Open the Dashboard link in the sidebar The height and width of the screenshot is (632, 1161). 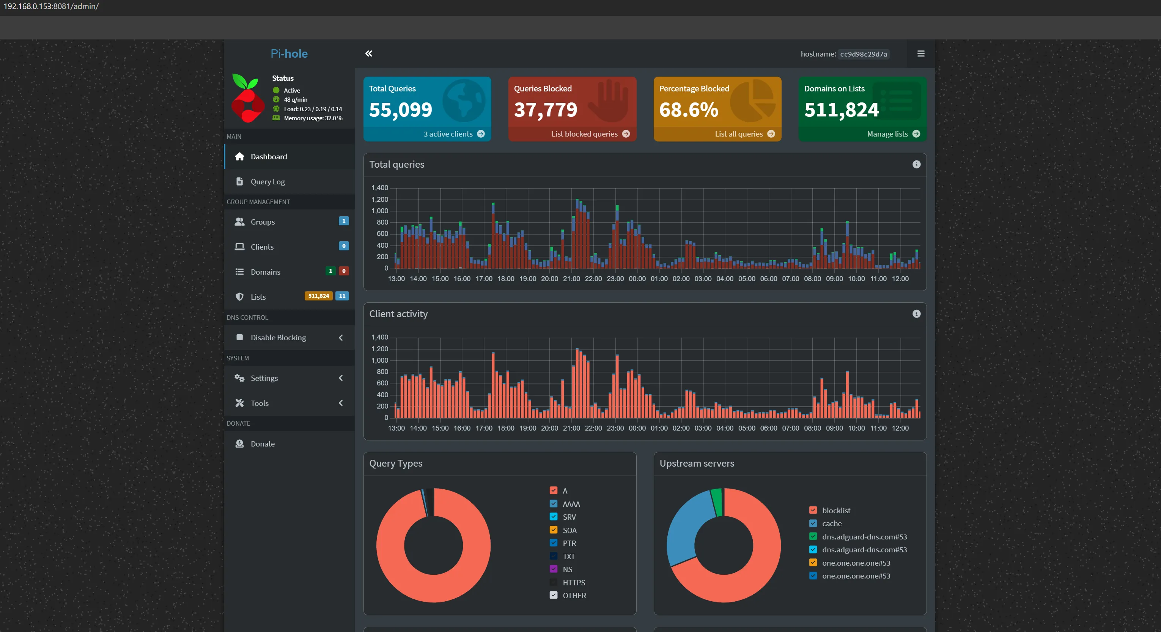click(x=268, y=156)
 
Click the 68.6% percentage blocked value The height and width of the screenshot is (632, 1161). click(x=688, y=110)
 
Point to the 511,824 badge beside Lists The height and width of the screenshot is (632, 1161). click(x=318, y=296)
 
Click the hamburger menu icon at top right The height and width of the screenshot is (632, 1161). click(x=921, y=53)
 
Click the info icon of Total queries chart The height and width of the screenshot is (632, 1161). click(x=916, y=165)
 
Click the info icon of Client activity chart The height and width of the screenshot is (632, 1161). click(x=916, y=314)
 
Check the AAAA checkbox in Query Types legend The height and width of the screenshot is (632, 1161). click(x=554, y=503)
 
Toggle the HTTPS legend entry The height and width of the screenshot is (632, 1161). click(x=554, y=582)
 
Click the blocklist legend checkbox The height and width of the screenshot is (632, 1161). click(x=813, y=510)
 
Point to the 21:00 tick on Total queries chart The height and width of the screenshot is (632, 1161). click(x=571, y=278)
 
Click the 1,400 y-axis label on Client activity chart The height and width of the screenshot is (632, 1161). click(x=379, y=337)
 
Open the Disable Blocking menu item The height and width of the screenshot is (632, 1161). click(x=278, y=338)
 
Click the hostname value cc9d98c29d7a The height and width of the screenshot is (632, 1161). click(x=863, y=54)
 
